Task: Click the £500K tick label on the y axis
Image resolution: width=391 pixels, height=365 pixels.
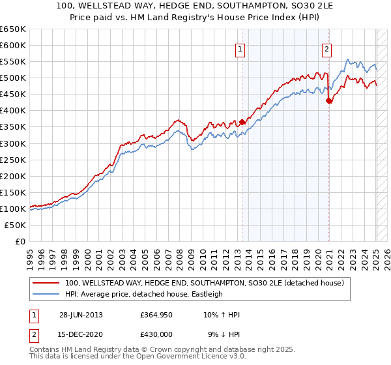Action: (x=12, y=78)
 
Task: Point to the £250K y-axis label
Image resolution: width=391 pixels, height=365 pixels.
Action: (x=12, y=160)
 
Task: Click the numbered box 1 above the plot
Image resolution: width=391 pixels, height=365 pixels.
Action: (x=240, y=49)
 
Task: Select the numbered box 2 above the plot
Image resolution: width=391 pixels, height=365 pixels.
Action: (x=326, y=49)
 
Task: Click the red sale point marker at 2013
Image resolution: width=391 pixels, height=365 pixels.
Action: (x=242, y=121)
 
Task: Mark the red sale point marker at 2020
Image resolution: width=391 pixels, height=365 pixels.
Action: (x=329, y=100)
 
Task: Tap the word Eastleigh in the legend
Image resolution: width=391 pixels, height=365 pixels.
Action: (x=205, y=294)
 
